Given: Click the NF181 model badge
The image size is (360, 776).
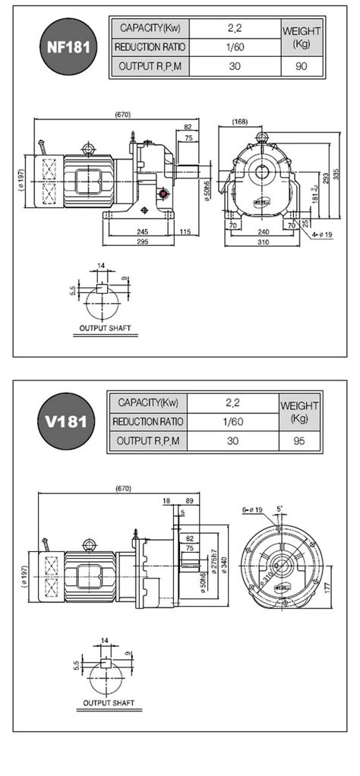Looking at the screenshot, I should [x=69, y=46].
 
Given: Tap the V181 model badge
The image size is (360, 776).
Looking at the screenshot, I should [x=69, y=420].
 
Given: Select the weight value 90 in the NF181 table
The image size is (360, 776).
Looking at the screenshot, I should [x=301, y=66].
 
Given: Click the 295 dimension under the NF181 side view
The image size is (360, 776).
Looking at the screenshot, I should [x=141, y=241].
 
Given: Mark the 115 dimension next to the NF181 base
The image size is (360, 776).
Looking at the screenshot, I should [x=185, y=232].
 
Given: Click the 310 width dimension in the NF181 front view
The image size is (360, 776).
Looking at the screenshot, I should [x=261, y=241].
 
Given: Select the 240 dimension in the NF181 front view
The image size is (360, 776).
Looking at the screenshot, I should [x=261, y=232].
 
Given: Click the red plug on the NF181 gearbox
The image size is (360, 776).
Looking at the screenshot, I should [x=161, y=195].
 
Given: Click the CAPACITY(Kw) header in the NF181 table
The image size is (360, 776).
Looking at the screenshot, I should [x=150, y=28].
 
